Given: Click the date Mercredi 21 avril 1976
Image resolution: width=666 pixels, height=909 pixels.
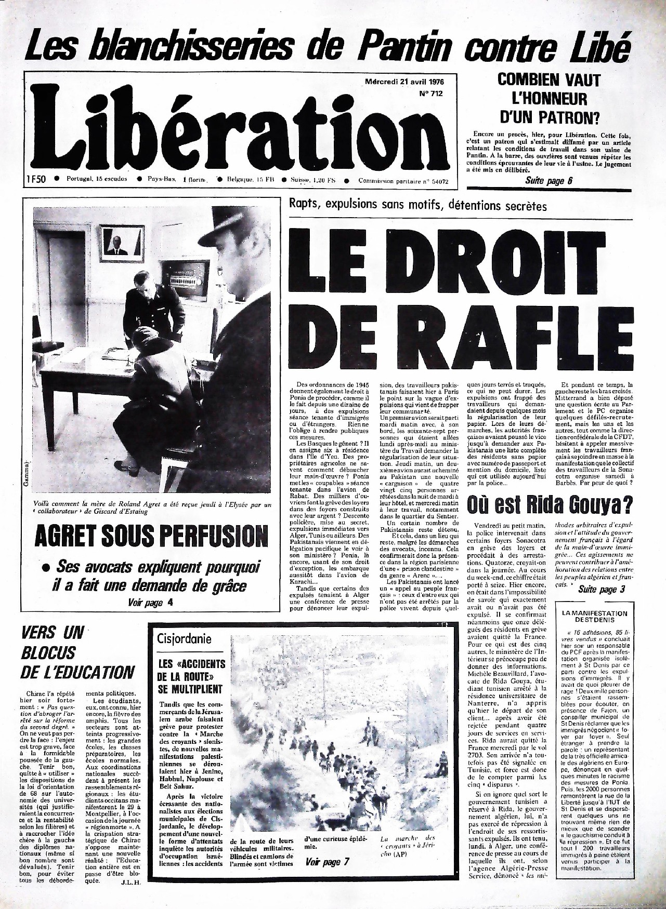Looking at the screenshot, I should tap(403, 82).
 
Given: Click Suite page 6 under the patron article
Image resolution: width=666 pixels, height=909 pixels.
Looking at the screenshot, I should tap(549, 181).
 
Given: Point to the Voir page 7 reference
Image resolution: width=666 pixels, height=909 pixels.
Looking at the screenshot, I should tap(327, 862).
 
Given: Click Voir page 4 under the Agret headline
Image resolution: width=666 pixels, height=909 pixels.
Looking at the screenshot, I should tap(150, 603).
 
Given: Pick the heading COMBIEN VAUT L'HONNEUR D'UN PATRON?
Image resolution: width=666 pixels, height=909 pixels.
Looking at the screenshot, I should tap(549, 99).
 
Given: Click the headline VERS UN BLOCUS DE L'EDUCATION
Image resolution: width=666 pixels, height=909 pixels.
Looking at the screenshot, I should tap(77, 653).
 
